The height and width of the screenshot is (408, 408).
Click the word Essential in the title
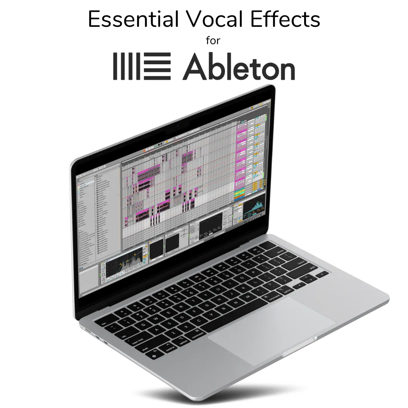[133, 20]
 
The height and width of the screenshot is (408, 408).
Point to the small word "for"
[213, 41]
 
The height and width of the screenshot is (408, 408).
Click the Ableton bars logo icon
[142, 66]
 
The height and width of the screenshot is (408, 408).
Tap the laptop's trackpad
[271, 329]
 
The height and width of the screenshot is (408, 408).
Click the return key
[301, 261]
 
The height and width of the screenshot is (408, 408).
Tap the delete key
[280, 251]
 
